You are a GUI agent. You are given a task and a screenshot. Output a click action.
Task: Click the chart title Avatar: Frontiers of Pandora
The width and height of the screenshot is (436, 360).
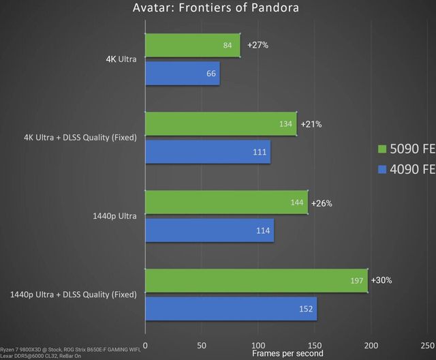pyautogui.click(x=217, y=8)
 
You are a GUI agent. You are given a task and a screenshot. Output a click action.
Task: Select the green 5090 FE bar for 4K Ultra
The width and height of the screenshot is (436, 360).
pyautogui.click(x=193, y=46)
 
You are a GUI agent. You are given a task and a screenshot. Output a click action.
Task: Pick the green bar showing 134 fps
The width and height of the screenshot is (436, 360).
pyautogui.click(x=221, y=124)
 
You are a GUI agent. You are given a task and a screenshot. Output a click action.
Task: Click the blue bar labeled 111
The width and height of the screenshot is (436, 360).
pyautogui.click(x=208, y=151)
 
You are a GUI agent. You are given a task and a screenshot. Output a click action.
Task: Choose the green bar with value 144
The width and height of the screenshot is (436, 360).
pyautogui.click(x=226, y=203)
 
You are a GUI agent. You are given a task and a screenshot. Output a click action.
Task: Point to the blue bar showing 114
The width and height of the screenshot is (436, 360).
pyautogui.click(x=209, y=230)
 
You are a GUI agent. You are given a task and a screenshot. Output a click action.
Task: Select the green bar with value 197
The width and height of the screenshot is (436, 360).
pyautogui.click(x=256, y=281)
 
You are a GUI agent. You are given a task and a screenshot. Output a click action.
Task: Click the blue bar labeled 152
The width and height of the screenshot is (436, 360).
pyautogui.click(x=231, y=308)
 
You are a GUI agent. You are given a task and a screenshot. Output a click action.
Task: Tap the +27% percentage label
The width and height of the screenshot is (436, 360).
pyautogui.click(x=258, y=46)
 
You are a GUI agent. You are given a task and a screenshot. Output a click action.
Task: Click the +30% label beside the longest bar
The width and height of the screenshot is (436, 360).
pyautogui.click(x=382, y=281)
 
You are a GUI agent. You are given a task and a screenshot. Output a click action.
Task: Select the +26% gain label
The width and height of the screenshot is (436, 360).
pyautogui.click(x=322, y=203)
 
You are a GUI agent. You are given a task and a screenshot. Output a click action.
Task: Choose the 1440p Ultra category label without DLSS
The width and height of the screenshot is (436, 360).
pyautogui.click(x=114, y=216)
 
